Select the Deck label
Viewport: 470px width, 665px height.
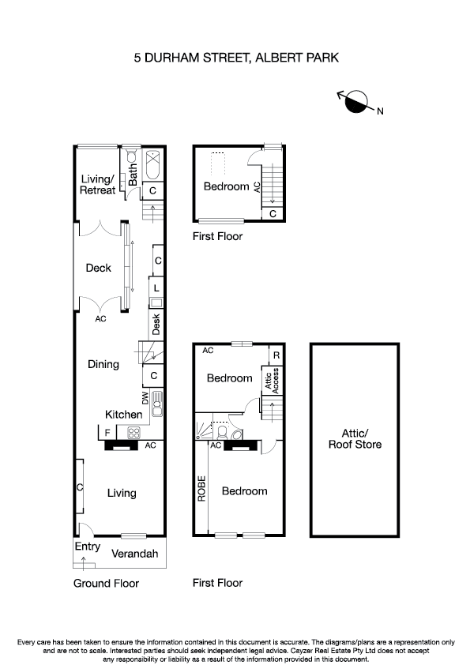point(99,269)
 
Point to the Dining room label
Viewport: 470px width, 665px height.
point(103,364)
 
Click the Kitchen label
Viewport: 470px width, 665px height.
point(124,414)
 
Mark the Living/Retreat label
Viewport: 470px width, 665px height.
point(98,185)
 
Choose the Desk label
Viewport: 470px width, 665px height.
point(156,322)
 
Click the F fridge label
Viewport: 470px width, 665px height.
point(106,432)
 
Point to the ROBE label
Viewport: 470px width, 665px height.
point(201,489)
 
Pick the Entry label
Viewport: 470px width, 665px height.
point(88,547)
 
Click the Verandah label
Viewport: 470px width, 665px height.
point(136,553)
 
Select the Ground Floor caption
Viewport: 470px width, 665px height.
point(106,584)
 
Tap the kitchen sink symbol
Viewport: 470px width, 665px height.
point(157,404)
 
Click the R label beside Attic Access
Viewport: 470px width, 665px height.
point(276,356)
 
